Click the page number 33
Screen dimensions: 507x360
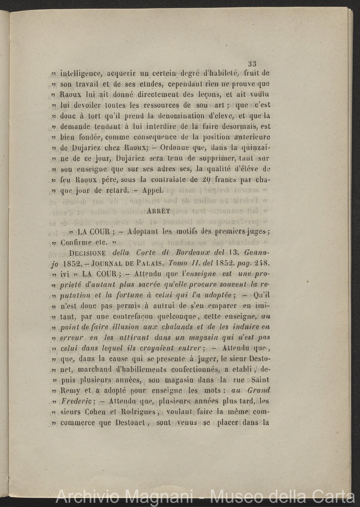252,64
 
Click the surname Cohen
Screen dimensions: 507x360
97,411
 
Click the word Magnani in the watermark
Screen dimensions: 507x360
163,497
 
